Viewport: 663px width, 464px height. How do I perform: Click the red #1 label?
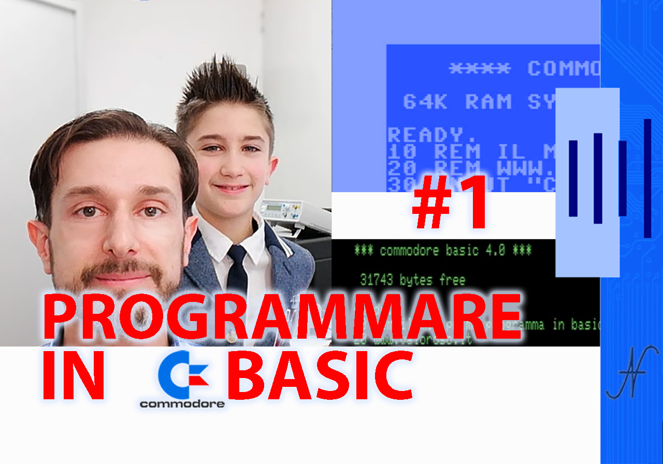click(450, 203)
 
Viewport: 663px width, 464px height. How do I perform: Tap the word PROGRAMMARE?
click(282, 316)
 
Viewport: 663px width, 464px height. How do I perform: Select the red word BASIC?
click(320, 375)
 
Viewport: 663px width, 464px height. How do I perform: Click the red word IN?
click(73, 375)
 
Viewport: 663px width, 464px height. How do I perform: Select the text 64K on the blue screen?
click(425, 102)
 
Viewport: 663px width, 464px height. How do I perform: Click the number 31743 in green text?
click(377, 280)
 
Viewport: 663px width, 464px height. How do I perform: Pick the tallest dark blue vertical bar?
click(647, 178)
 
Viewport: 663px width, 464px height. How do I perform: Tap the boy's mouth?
click(231, 188)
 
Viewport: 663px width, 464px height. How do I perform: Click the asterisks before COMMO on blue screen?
click(480, 68)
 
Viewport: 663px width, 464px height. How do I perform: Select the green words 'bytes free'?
click(433, 280)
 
